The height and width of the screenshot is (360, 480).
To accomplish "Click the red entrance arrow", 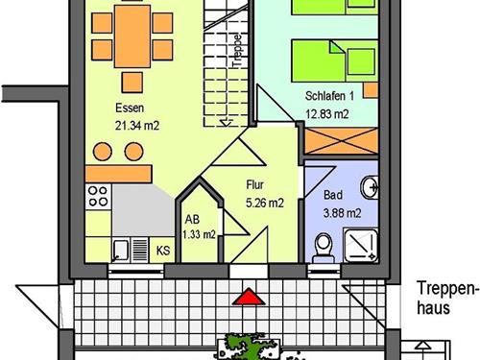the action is [249, 297].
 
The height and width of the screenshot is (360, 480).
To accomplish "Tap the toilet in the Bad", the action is [324, 248].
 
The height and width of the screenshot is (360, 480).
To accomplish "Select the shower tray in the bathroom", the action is [361, 245].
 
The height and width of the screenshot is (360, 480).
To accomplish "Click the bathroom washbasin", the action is [370, 187].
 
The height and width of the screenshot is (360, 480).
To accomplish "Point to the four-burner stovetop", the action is [98, 197].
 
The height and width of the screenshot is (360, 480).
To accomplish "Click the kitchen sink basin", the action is [121, 251].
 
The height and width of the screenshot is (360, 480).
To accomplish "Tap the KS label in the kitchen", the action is [163, 251].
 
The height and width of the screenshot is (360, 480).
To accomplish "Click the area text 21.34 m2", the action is [137, 126].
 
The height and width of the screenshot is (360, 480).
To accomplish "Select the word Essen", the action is [130, 108].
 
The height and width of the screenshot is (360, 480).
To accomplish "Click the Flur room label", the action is [255, 184].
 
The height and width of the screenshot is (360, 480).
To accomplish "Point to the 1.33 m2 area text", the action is [199, 234].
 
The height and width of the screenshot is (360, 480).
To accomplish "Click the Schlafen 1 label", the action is [329, 96].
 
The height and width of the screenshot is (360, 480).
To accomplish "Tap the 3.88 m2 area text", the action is [342, 213].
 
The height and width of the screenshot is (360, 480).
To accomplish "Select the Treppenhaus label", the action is [445, 298].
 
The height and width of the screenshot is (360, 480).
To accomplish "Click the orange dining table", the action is [132, 36].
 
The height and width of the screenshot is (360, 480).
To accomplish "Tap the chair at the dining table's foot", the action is [132, 83].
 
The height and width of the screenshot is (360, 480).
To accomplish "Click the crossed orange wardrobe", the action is [342, 141].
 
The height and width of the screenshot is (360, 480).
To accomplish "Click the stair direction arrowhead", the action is [227, 122].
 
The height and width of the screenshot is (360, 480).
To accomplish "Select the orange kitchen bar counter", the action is [118, 174].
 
